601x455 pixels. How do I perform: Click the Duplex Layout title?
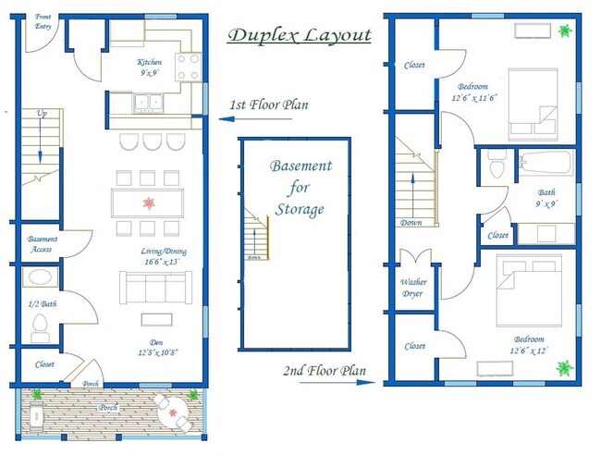click(x=299, y=36)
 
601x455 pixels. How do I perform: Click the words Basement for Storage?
click(x=300, y=188)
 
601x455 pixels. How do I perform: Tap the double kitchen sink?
click(x=146, y=103)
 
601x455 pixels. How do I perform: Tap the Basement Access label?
click(x=43, y=242)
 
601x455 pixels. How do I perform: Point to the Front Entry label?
click(x=43, y=21)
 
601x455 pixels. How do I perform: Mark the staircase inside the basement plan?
click(x=256, y=234)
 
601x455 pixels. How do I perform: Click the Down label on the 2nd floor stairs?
click(x=411, y=222)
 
